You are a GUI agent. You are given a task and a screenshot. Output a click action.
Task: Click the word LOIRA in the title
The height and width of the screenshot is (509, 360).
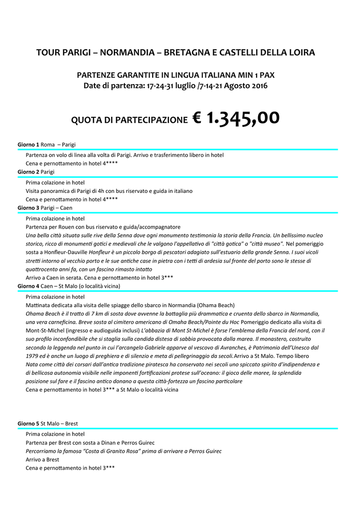[301, 52]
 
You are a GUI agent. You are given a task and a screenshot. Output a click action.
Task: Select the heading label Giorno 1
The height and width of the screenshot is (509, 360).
[28, 144]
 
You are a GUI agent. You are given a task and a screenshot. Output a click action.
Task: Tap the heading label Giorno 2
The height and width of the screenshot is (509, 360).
[28, 171]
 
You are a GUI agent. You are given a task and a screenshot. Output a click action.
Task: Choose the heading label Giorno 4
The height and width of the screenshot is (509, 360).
[28, 286]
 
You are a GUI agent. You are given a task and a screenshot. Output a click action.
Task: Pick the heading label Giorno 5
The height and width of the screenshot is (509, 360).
[28, 424]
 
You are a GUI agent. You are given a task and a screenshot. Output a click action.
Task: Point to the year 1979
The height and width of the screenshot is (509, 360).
[32, 356]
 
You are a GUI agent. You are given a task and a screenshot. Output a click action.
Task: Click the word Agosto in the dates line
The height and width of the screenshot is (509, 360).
[230, 86]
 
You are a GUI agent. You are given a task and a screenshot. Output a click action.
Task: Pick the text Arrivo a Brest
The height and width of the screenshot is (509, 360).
[42, 460]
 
